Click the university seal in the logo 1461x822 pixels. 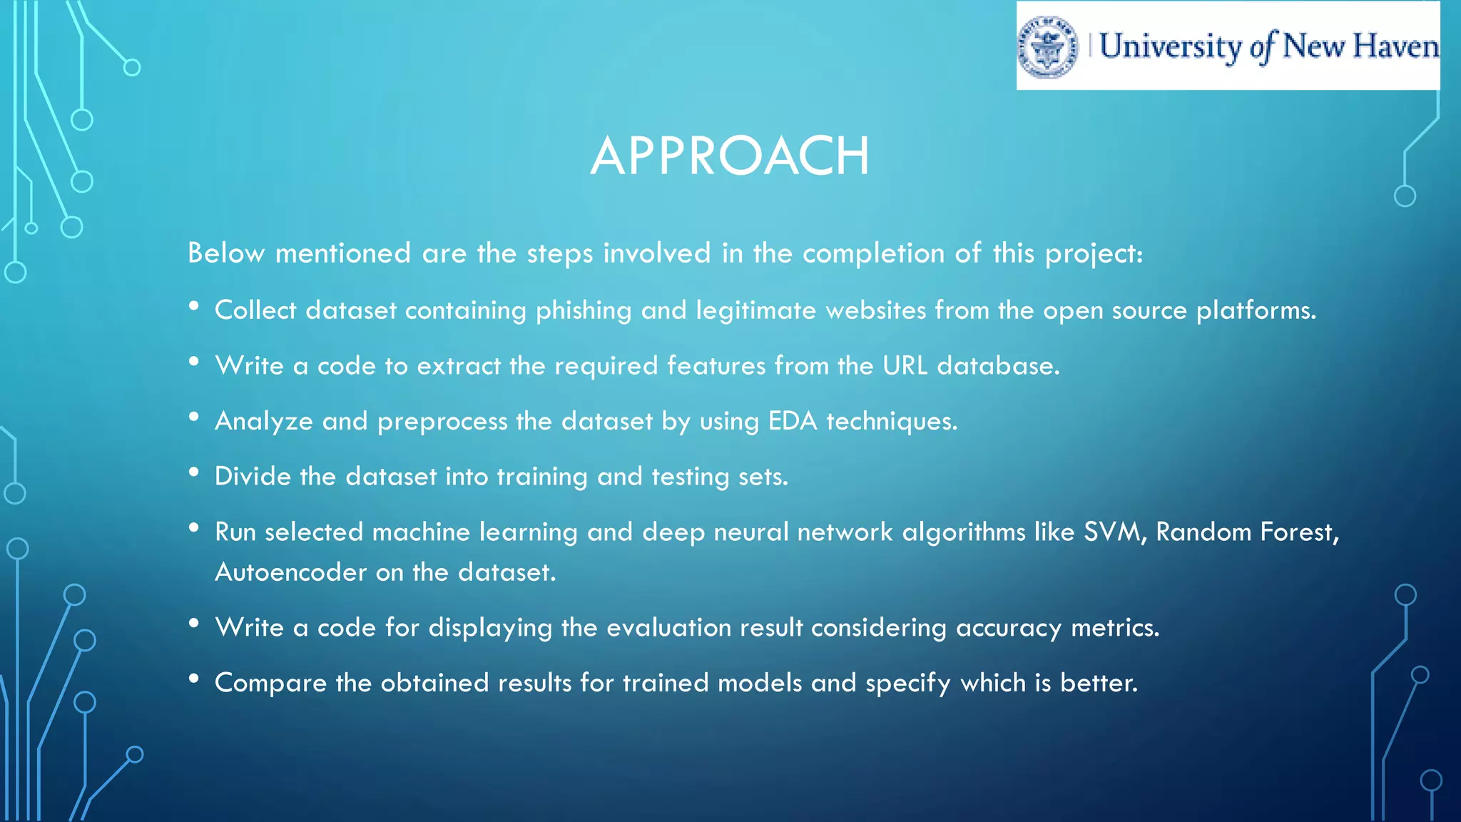coord(1047,47)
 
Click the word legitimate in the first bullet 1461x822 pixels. coord(755,311)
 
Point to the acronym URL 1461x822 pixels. coord(905,365)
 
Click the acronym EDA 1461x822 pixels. coord(792,421)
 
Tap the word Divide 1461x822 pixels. coord(253,476)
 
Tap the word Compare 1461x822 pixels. coord(270,684)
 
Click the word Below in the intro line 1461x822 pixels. coord(226,253)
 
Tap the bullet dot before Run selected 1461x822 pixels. coord(194,528)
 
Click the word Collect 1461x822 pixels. coord(255,310)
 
